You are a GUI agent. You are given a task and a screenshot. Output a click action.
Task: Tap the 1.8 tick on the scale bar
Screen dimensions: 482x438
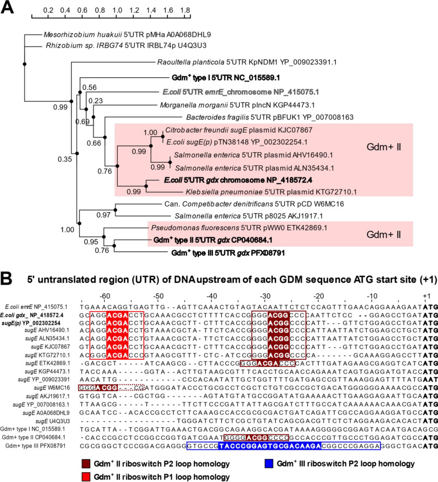[185, 10]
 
